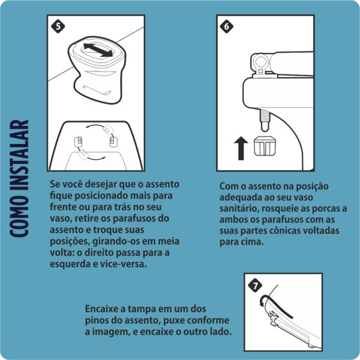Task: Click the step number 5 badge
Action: tap(58, 26)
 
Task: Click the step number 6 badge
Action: tap(226, 26)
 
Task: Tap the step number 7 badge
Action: tap(256, 285)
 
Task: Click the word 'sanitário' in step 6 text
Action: tap(238, 209)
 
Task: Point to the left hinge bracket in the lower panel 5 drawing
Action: tap(79, 142)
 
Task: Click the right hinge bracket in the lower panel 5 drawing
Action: tap(112, 142)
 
